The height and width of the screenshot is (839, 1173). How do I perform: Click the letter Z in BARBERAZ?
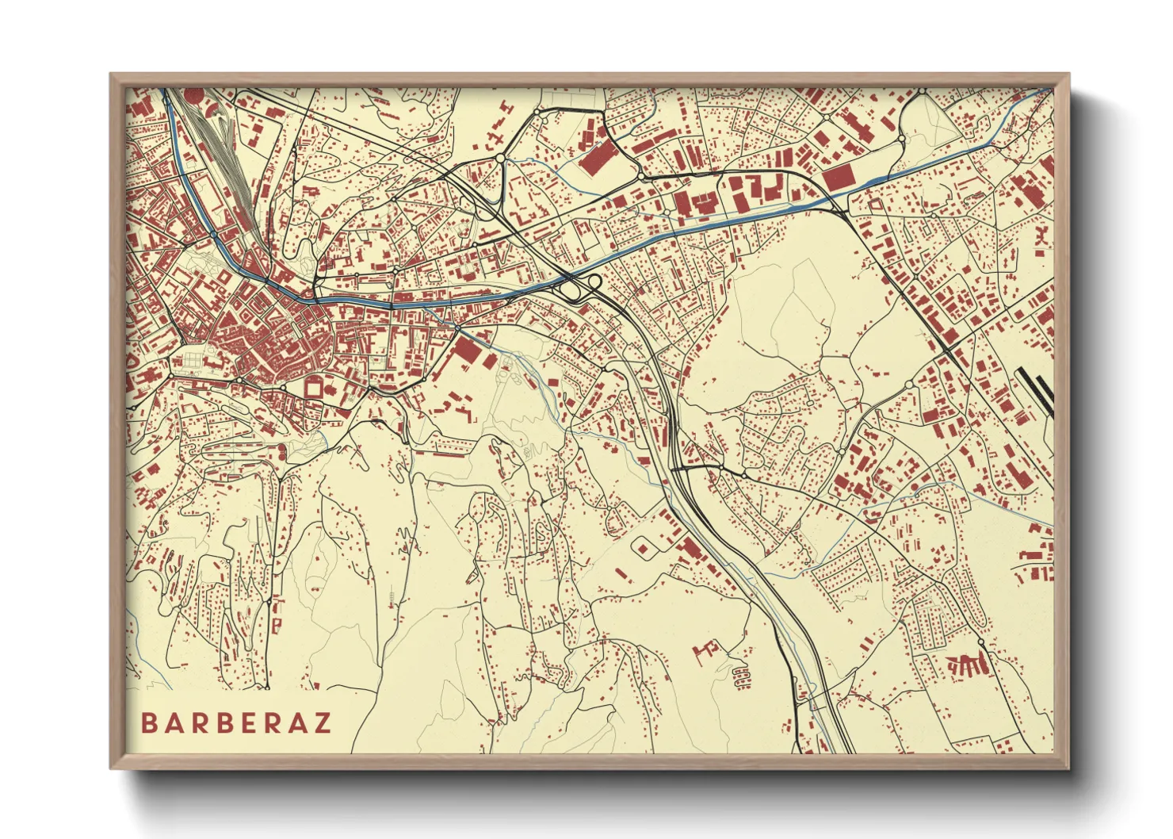pos(322,723)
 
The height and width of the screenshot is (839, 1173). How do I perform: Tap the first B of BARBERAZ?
pos(148,723)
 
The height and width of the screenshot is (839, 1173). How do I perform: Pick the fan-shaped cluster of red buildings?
pos(967,665)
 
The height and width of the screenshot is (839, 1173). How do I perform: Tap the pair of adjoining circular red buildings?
pos(741,676)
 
